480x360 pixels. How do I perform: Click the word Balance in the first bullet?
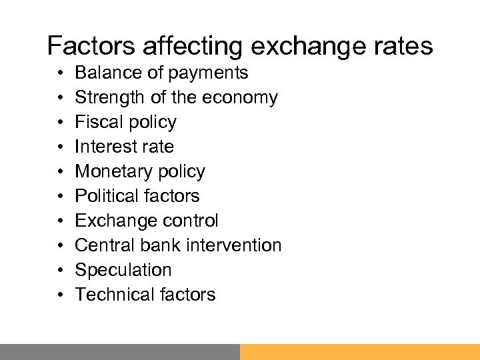coord(105,73)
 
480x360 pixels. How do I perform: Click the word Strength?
coord(106,97)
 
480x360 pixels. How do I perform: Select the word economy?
coord(240,98)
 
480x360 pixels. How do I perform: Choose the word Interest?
coord(103,147)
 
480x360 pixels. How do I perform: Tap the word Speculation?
coord(123,270)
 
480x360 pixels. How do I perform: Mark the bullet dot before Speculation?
coord(60,271)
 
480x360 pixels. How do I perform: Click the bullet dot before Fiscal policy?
coord(60,123)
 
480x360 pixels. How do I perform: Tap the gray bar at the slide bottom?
coord(120,352)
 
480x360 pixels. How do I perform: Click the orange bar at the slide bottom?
coord(360,352)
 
